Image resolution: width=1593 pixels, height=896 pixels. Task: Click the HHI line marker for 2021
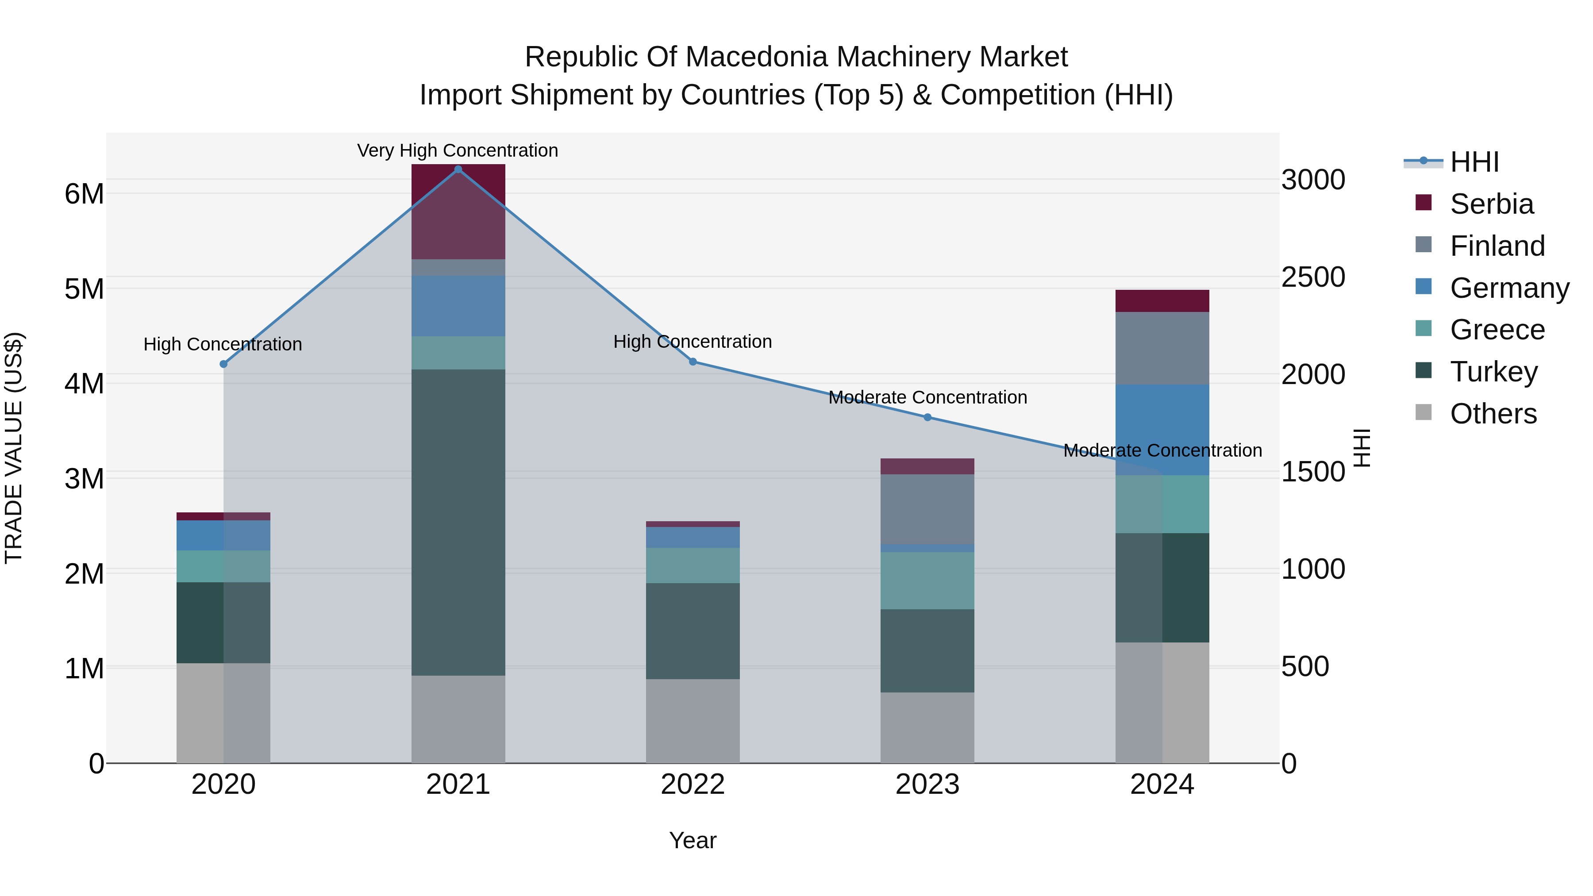458,169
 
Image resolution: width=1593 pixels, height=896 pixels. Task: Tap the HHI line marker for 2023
927,417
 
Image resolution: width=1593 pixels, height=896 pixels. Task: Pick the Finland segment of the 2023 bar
927,509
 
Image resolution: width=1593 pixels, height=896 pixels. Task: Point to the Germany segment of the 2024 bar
1162,430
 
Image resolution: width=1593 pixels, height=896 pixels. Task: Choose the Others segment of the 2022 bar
693,721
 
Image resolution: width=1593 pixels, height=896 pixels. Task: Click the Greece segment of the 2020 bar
223,566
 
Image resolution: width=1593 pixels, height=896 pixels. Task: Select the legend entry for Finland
1497,246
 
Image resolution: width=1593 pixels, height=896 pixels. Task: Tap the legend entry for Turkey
1493,372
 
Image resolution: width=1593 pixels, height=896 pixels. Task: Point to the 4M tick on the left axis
84,383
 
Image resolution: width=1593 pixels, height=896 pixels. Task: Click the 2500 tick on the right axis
1313,277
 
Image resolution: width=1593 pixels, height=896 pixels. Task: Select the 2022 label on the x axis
693,784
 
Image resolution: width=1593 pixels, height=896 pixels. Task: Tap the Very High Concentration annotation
458,150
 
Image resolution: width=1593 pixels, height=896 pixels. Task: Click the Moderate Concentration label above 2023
927,397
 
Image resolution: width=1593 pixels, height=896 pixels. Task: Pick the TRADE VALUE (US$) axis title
14,448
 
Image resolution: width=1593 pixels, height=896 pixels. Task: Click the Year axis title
693,840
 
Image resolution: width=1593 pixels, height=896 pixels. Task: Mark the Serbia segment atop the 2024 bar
1162,300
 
